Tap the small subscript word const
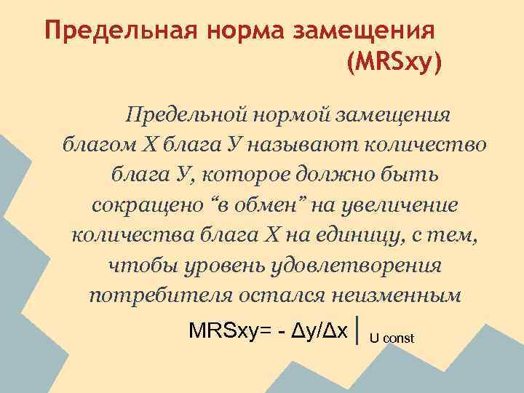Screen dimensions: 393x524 [x=399, y=338]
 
